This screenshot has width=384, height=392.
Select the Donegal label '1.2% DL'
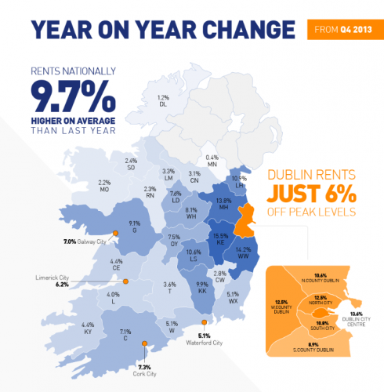(x=163, y=101)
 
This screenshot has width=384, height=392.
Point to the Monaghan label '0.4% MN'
(x=212, y=161)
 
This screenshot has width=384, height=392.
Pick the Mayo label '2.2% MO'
(x=104, y=187)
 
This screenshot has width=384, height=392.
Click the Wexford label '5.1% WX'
(x=233, y=298)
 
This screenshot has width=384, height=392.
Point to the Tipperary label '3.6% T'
(x=168, y=287)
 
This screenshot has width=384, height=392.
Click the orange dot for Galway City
(x=115, y=233)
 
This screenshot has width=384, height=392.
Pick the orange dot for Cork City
(x=143, y=343)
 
